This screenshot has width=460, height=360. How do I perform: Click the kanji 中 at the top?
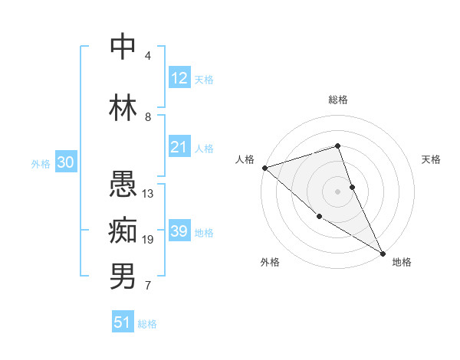point(123,47)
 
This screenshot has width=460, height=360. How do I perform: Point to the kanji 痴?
point(123,231)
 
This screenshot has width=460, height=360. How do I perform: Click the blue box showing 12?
point(179,78)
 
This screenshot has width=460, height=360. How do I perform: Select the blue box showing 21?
point(179,147)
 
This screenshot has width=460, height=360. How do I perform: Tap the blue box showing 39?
point(179,231)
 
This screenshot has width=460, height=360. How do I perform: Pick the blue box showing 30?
point(65,162)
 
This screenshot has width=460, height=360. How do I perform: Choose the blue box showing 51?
point(123,322)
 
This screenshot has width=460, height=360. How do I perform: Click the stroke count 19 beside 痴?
point(148,240)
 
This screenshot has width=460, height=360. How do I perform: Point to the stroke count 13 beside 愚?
point(148,194)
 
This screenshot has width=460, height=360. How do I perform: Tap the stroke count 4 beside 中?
point(148,56)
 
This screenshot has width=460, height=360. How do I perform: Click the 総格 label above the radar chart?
point(337,100)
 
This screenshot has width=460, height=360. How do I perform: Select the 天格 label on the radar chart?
point(432,159)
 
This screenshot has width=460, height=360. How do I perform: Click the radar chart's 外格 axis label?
point(270,262)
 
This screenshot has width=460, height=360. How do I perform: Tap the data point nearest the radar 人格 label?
point(264,167)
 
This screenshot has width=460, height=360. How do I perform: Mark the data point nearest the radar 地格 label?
point(383,252)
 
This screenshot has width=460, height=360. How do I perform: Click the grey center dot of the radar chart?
point(337,191)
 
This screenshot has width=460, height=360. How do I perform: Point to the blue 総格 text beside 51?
point(147,324)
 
